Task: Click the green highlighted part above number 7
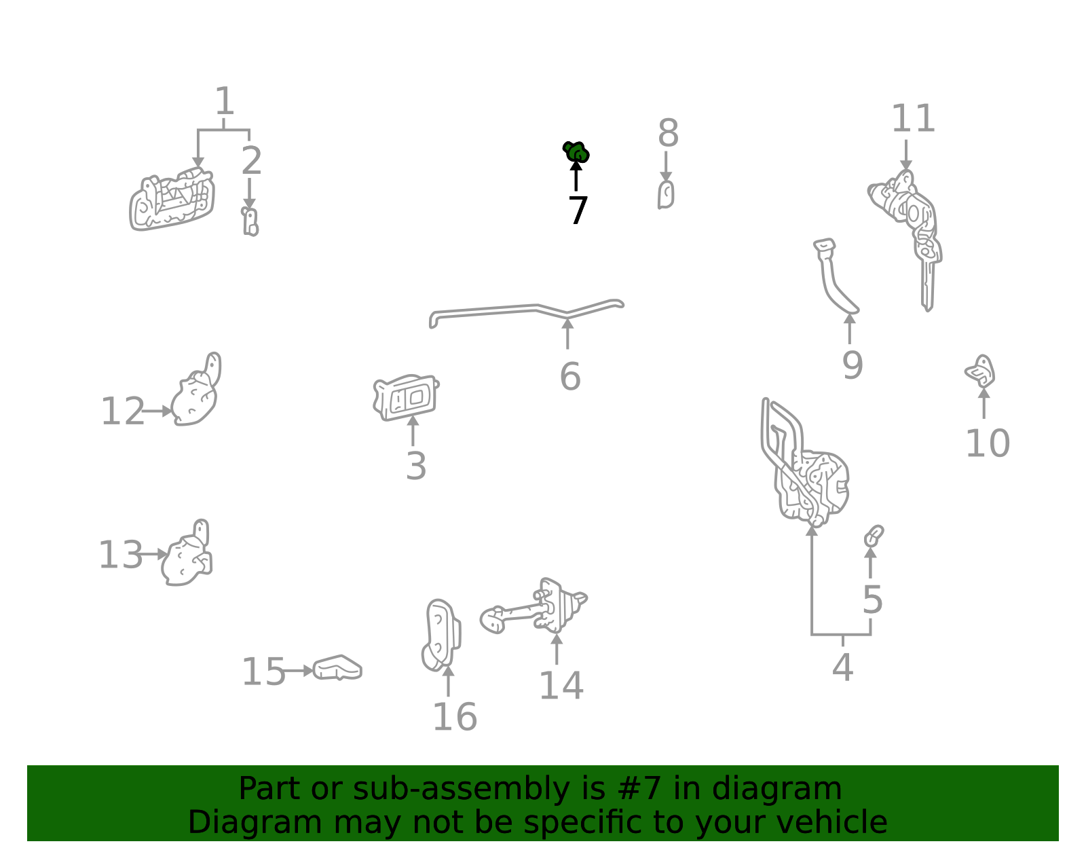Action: [576, 152]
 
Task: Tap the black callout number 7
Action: [578, 210]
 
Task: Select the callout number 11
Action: [913, 118]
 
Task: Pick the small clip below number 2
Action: [250, 222]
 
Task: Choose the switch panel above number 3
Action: [406, 398]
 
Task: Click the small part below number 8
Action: [666, 195]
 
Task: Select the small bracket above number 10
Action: [981, 371]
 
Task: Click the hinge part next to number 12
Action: [196, 392]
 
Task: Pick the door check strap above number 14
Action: [535, 608]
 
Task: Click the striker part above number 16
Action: [441, 635]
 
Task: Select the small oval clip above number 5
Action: [873, 536]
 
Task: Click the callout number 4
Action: [842, 667]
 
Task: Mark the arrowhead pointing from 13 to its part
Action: [162, 554]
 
